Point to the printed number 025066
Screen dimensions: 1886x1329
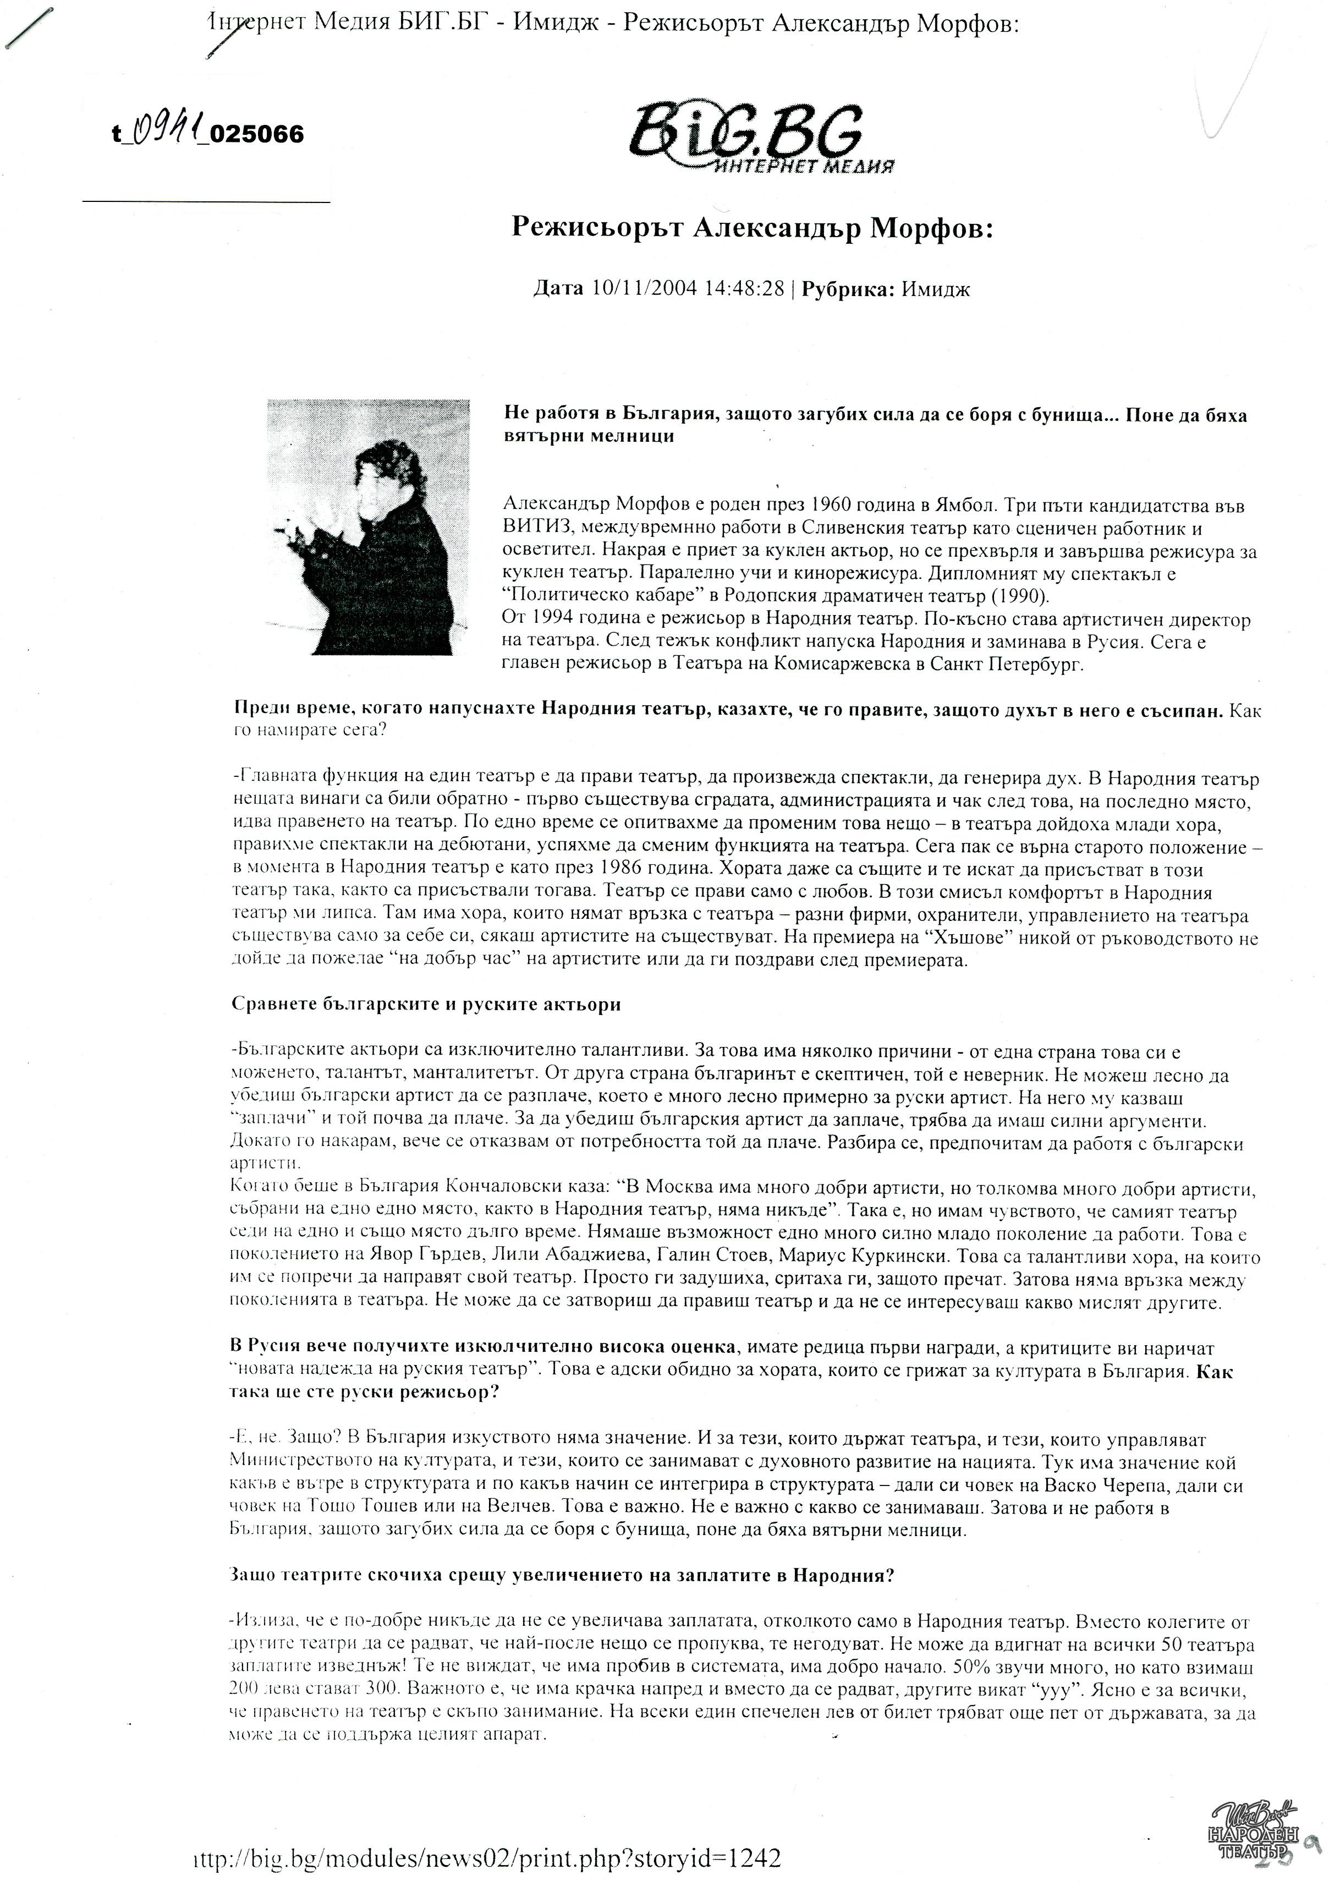pos(257,133)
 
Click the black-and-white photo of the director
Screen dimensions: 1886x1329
pos(368,527)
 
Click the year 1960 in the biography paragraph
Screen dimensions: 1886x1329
pos(837,505)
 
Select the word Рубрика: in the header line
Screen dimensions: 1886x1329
pos(848,289)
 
